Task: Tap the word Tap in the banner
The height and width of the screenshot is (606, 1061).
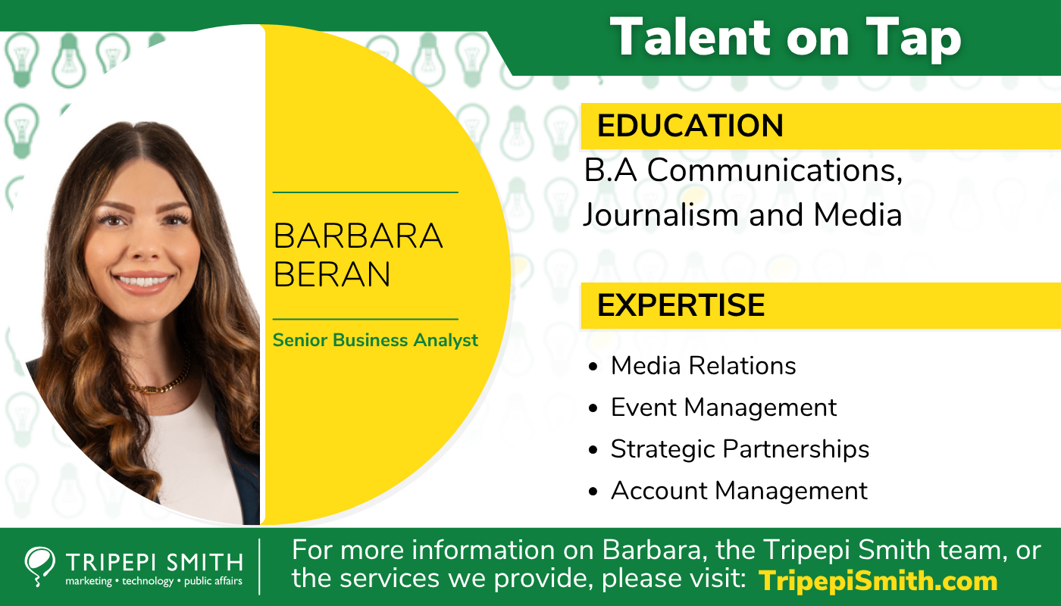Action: click(914, 39)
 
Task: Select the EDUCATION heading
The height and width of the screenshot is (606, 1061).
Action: click(690, 126)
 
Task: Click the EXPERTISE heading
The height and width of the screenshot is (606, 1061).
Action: click(681, 305)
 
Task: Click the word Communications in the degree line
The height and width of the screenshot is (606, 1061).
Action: click(775, 170)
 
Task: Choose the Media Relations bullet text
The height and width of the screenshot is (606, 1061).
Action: click(703, 366)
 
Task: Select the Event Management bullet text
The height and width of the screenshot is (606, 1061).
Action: click(724, 408)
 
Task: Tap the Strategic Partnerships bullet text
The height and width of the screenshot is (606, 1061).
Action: click(740, 449)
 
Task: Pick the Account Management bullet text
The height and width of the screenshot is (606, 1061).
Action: click(740, 491)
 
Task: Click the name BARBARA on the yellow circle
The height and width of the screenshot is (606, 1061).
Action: click(358, 236)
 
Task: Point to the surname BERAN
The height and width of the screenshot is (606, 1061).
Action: click(332, 274)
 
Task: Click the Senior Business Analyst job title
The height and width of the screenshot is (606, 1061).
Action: click(375, 340)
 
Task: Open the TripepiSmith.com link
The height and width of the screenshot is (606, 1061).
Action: click(878, 580)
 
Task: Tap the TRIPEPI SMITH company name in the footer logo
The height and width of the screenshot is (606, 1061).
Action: click(155, 562)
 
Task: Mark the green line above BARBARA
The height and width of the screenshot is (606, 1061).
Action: click(365, 192)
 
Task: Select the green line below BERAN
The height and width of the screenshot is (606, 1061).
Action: click(365, 319)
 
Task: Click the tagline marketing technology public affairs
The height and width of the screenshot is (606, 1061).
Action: click(154, 582)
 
